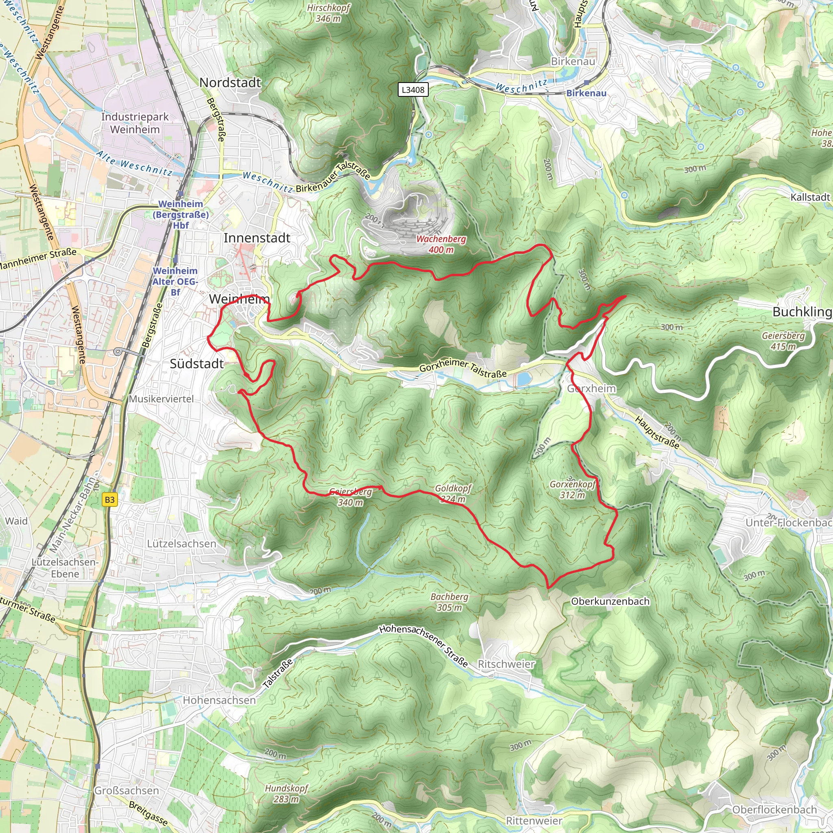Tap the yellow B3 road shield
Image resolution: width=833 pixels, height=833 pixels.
point(109,499)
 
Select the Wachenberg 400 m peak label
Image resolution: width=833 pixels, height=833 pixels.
point(441,244)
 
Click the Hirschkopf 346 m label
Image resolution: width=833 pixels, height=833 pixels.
point(328,13)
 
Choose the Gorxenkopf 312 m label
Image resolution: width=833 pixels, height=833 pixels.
point(572,489)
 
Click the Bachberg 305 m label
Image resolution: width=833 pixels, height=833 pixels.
point(449,602)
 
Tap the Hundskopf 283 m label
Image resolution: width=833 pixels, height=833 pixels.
point(286,793)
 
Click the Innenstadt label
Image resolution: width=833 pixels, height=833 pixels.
point(257,238)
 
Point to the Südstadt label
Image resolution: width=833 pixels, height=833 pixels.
point(196,364)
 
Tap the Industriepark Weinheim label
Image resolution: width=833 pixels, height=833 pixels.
point(135,123)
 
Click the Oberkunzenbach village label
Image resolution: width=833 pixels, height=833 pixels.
point(610,601)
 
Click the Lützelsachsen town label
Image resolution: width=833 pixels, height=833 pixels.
point(181,544)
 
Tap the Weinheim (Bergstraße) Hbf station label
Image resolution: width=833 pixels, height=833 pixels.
point(181,214)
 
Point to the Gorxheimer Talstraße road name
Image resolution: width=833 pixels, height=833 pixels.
point(462,369)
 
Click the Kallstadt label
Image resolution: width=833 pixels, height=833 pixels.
point(810,197)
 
